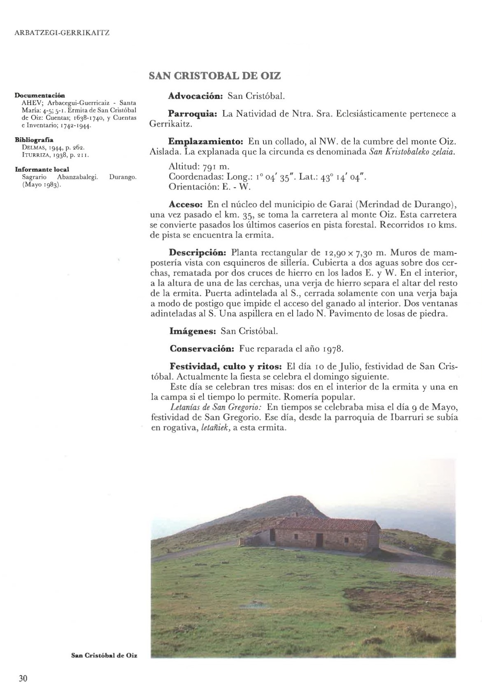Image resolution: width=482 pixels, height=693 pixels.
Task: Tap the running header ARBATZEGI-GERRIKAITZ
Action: pyautogui.click(x=62, y=33)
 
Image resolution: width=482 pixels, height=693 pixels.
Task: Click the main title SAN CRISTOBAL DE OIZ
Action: pyautogui.click(x=214, y=76)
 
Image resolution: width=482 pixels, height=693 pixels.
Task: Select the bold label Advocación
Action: pyautogui.click(x=196, y=96)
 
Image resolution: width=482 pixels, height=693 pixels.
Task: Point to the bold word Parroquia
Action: pyautogui.click(x=193, y=114)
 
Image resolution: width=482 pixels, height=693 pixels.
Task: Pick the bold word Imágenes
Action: pyautogui.click(x=193, y=331)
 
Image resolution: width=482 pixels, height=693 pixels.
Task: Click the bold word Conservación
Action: pyautogui.click(x=202, y=349)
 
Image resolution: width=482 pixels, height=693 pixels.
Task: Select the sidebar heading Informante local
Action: pyautogui.click(x=42, y=169)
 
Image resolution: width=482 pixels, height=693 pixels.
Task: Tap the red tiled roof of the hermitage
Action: pyautogui.click(x=329, y=524)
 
